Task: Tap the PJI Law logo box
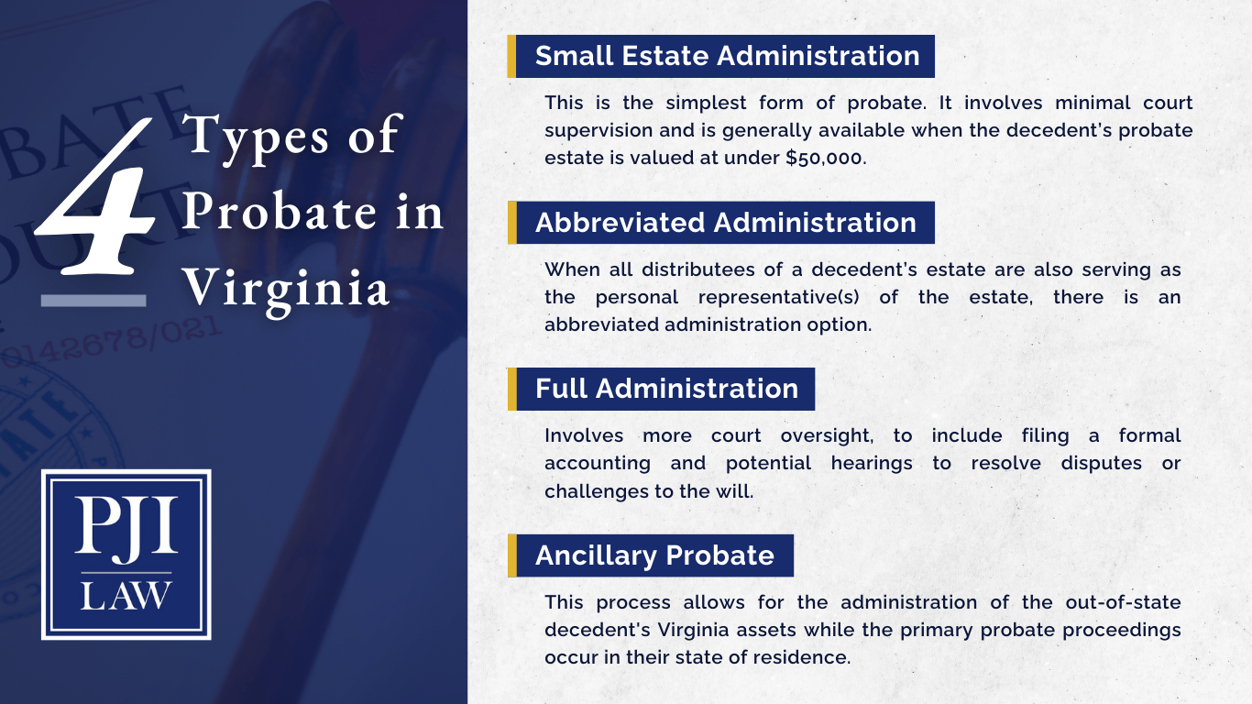(126, 555)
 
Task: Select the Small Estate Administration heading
(727, 56)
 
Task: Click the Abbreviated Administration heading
(725, 223)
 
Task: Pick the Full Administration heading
(666, 389)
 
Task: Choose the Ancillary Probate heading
(654, 555)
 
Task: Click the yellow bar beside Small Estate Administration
(511, 56)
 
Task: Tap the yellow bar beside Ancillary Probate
(511, 555)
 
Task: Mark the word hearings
(871, 463)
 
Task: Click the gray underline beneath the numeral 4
(93, 300)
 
